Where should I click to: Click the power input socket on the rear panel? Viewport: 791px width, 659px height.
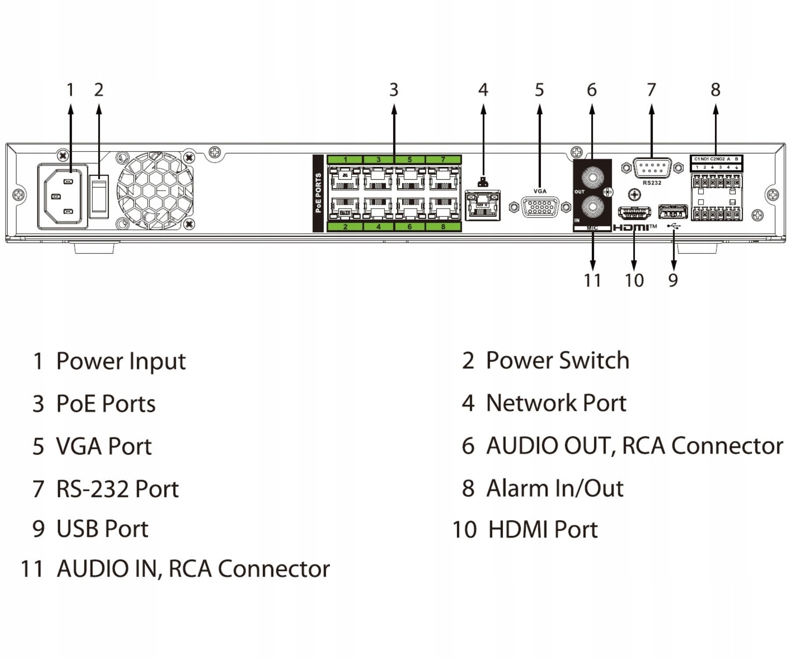[x=62, y=196]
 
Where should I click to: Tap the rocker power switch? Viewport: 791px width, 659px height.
[x=99, y=196]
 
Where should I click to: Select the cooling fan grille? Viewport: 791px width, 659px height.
[x=155, y=191]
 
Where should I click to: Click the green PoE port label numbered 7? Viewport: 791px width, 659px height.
[x=443, y=159]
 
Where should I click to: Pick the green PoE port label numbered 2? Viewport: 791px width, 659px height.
[x=345, y=227]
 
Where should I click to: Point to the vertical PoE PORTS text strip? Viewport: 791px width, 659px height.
[x=318, y=193]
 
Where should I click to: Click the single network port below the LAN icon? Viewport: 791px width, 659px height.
[x=483, y=205]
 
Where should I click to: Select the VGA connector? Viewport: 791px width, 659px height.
[x=540, y=207]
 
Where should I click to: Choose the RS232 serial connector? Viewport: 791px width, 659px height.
[x=652, y=168]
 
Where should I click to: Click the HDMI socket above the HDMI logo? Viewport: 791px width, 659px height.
[x=634, y=213]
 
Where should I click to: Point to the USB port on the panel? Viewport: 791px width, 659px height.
[x=672, y=212]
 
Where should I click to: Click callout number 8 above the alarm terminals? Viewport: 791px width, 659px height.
[x=715, y=90]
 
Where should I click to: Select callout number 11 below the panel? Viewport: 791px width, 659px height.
[x=592, y=280]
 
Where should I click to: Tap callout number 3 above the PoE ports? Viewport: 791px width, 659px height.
[x=394, y=90]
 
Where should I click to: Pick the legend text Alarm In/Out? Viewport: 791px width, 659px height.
[x=555, y=488]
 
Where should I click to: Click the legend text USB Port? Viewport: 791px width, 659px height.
[x=102, y=529]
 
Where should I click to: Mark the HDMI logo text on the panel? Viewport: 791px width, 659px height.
[x=631, y=228]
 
